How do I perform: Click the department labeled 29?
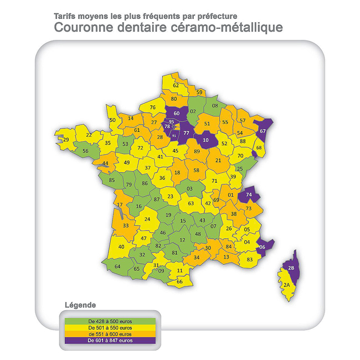pos(66,140)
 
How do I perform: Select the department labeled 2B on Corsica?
pos(291,269)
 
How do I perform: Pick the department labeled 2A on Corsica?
pos(286,285)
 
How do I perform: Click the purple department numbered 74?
pos(249,195)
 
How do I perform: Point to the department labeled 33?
pos(126,225)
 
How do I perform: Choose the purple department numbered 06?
pos(263,247)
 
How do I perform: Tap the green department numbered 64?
pos(117,266)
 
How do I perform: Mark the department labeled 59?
pos(199,92)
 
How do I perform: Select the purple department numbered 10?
pos(205,140)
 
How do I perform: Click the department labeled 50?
pos(112,120)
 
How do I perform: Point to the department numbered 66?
pos(179,281)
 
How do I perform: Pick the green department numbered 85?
pos(112,179)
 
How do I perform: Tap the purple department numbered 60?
pos(177,114)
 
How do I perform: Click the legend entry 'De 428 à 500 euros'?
pos(110,321)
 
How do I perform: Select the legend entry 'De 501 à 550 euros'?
pos(110,327)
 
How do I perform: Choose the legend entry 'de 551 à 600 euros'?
pos(110,334)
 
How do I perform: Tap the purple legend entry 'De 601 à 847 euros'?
pos(110,341)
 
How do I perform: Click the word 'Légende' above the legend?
pos(80,305)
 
